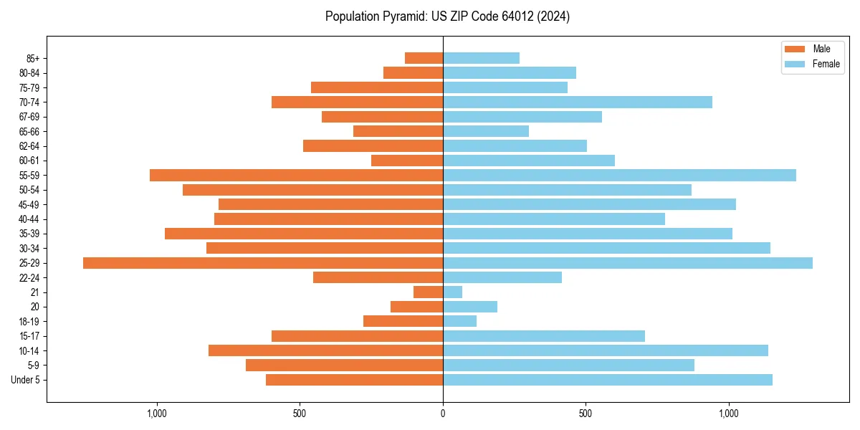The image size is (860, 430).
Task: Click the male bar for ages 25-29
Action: (263, 263)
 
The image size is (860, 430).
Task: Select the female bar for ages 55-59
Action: (619, 176)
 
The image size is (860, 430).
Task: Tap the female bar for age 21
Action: (453, 292)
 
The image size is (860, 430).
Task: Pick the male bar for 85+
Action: (424, 58)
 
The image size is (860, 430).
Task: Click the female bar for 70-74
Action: (578, 102)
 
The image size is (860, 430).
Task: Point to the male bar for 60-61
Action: (407, 161)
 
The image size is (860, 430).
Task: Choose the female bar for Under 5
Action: (608, 380)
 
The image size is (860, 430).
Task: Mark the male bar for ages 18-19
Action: (403, 321)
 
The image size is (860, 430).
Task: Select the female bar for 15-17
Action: (544, 336)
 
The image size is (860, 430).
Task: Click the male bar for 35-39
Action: (304, 234)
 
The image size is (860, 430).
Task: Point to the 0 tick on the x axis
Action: (443, 414)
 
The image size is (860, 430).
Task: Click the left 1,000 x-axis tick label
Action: (156, 414)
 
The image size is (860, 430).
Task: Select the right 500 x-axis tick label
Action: (586, 414)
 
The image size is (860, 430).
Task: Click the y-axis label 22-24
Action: (29, 278)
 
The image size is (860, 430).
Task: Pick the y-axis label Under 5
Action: (25, 380)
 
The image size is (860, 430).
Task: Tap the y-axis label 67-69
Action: (29, 117)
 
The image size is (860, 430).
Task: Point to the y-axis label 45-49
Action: (29, 205)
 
